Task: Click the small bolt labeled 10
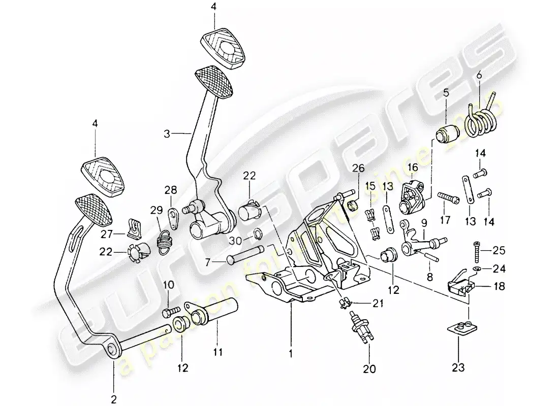(x=171, y=310)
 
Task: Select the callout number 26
(x=358, y=167)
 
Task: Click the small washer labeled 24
(x=476, y=267)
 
